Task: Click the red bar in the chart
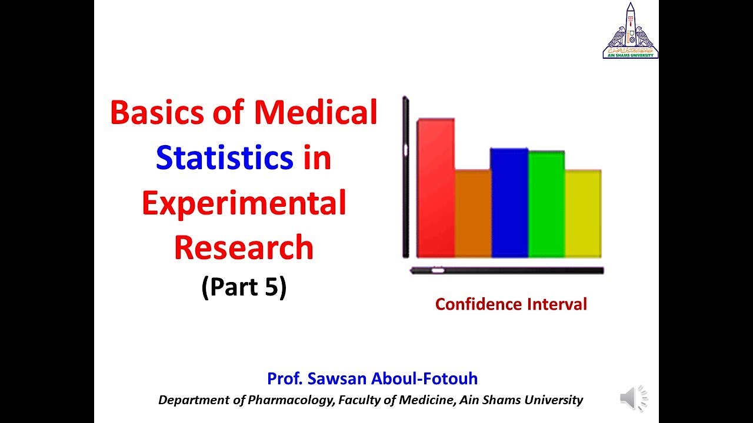435,188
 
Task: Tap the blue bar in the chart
509,203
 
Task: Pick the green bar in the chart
547,204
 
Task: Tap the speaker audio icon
633,398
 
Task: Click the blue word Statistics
225,158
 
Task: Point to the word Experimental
244,203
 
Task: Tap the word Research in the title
244,247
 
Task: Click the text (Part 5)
244,287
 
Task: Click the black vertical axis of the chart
405,176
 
